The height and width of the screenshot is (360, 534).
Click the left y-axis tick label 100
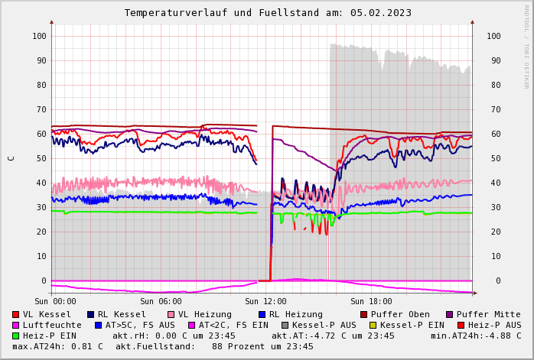[x=39, y=36]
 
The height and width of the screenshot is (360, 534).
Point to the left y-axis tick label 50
[x=41, y=158]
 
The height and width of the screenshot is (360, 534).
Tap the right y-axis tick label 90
[x=493, y=60]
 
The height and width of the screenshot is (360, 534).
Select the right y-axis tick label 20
[x=493, y=232]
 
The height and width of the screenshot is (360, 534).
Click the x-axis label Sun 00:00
[x=55, y=301]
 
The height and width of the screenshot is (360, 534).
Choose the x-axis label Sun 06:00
[x=161, y=301]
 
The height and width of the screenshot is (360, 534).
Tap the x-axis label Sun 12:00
[x=265, y=301]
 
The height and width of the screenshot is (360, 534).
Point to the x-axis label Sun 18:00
[x=371, y=301]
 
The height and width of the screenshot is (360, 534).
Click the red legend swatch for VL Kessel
[x=15, y=315]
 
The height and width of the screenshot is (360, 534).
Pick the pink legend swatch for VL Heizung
[x=171, y=315]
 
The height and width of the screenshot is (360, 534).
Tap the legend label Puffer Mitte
[x=488, y=314]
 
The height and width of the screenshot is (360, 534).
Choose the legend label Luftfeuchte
[x=52, y=325]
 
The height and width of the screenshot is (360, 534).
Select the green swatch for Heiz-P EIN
[x=15, y=336]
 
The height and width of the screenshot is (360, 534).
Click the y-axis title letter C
[x=11, y=158]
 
